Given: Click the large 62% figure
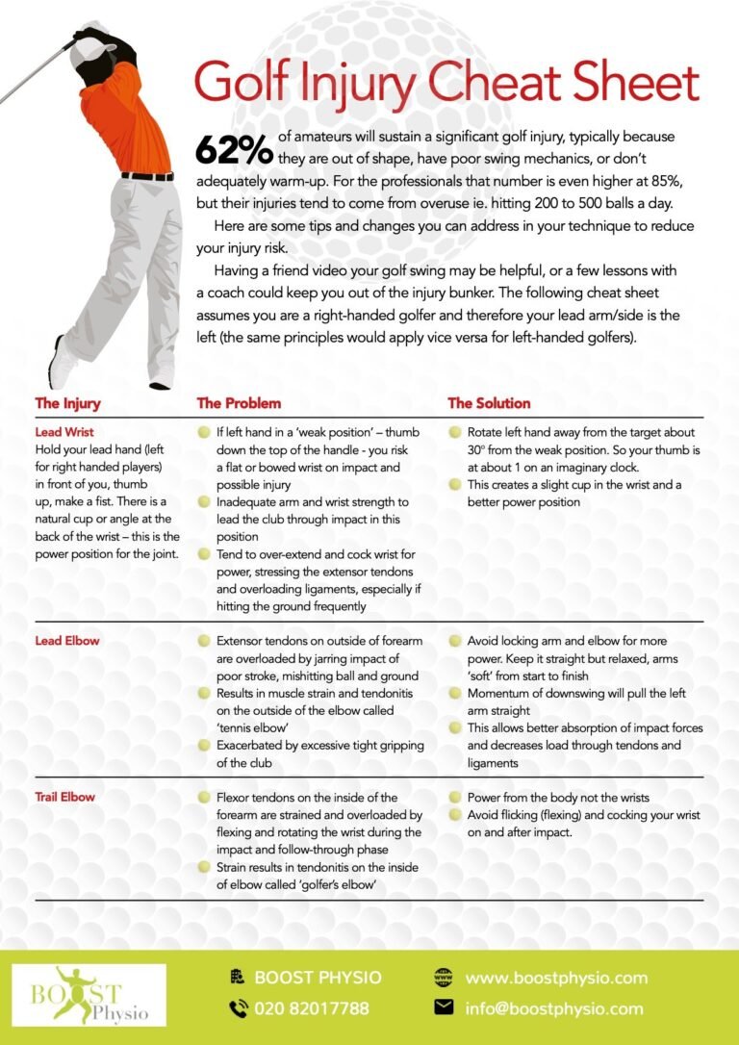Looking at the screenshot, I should point(234,149).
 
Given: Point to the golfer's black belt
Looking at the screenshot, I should point(147,177).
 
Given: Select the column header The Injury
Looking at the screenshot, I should point(67,403).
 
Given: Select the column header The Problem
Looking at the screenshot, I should point(239,403).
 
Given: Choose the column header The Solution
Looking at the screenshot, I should point(489,403).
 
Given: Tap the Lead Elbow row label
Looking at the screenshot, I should point(66,641).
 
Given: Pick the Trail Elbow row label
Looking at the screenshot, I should point(65,798).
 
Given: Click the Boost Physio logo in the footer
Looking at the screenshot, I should point(89,995).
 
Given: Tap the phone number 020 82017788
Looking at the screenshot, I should point(311,1009).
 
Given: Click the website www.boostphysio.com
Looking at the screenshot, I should point(556,978).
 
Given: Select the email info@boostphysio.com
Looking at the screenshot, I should point(553,1009).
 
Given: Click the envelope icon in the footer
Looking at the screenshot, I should point(444,1008).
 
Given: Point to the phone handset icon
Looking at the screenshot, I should point(238,1009).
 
